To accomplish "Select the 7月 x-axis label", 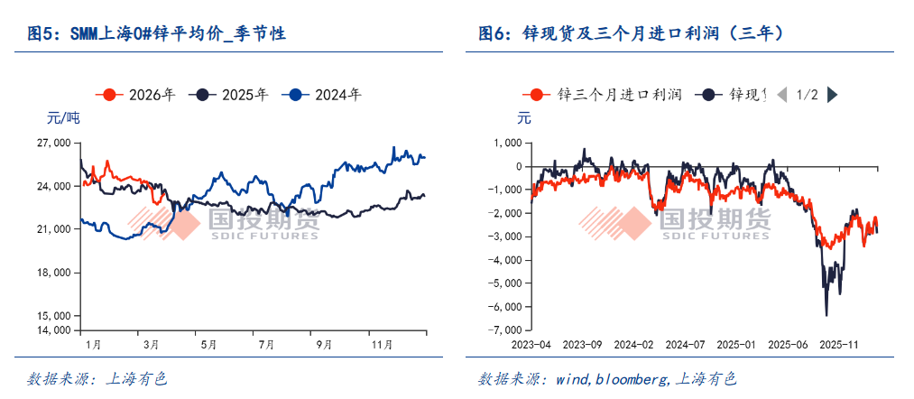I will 266,345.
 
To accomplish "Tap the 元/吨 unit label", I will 62,117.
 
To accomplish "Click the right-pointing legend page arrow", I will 833,94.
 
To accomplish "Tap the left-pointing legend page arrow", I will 781,94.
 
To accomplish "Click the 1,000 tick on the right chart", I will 508,143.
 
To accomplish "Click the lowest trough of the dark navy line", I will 826,315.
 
